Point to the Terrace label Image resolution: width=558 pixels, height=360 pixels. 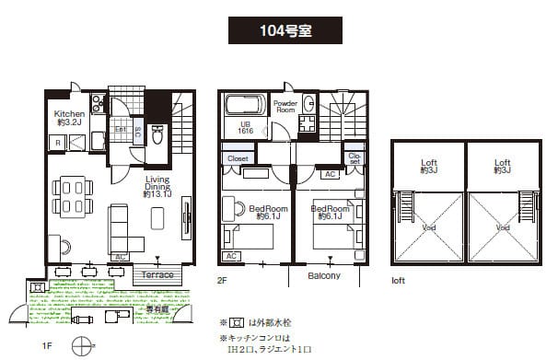[x=158, y=274]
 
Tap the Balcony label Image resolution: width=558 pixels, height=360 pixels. [x=322, y=275]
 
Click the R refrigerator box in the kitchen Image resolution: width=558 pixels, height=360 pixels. [x=57, y=144]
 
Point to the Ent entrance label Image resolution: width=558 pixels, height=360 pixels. [x=121, y=130]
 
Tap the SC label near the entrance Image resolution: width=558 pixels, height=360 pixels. [x=138, y=134]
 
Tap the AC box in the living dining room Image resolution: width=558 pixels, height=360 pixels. [x=120, y=257]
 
